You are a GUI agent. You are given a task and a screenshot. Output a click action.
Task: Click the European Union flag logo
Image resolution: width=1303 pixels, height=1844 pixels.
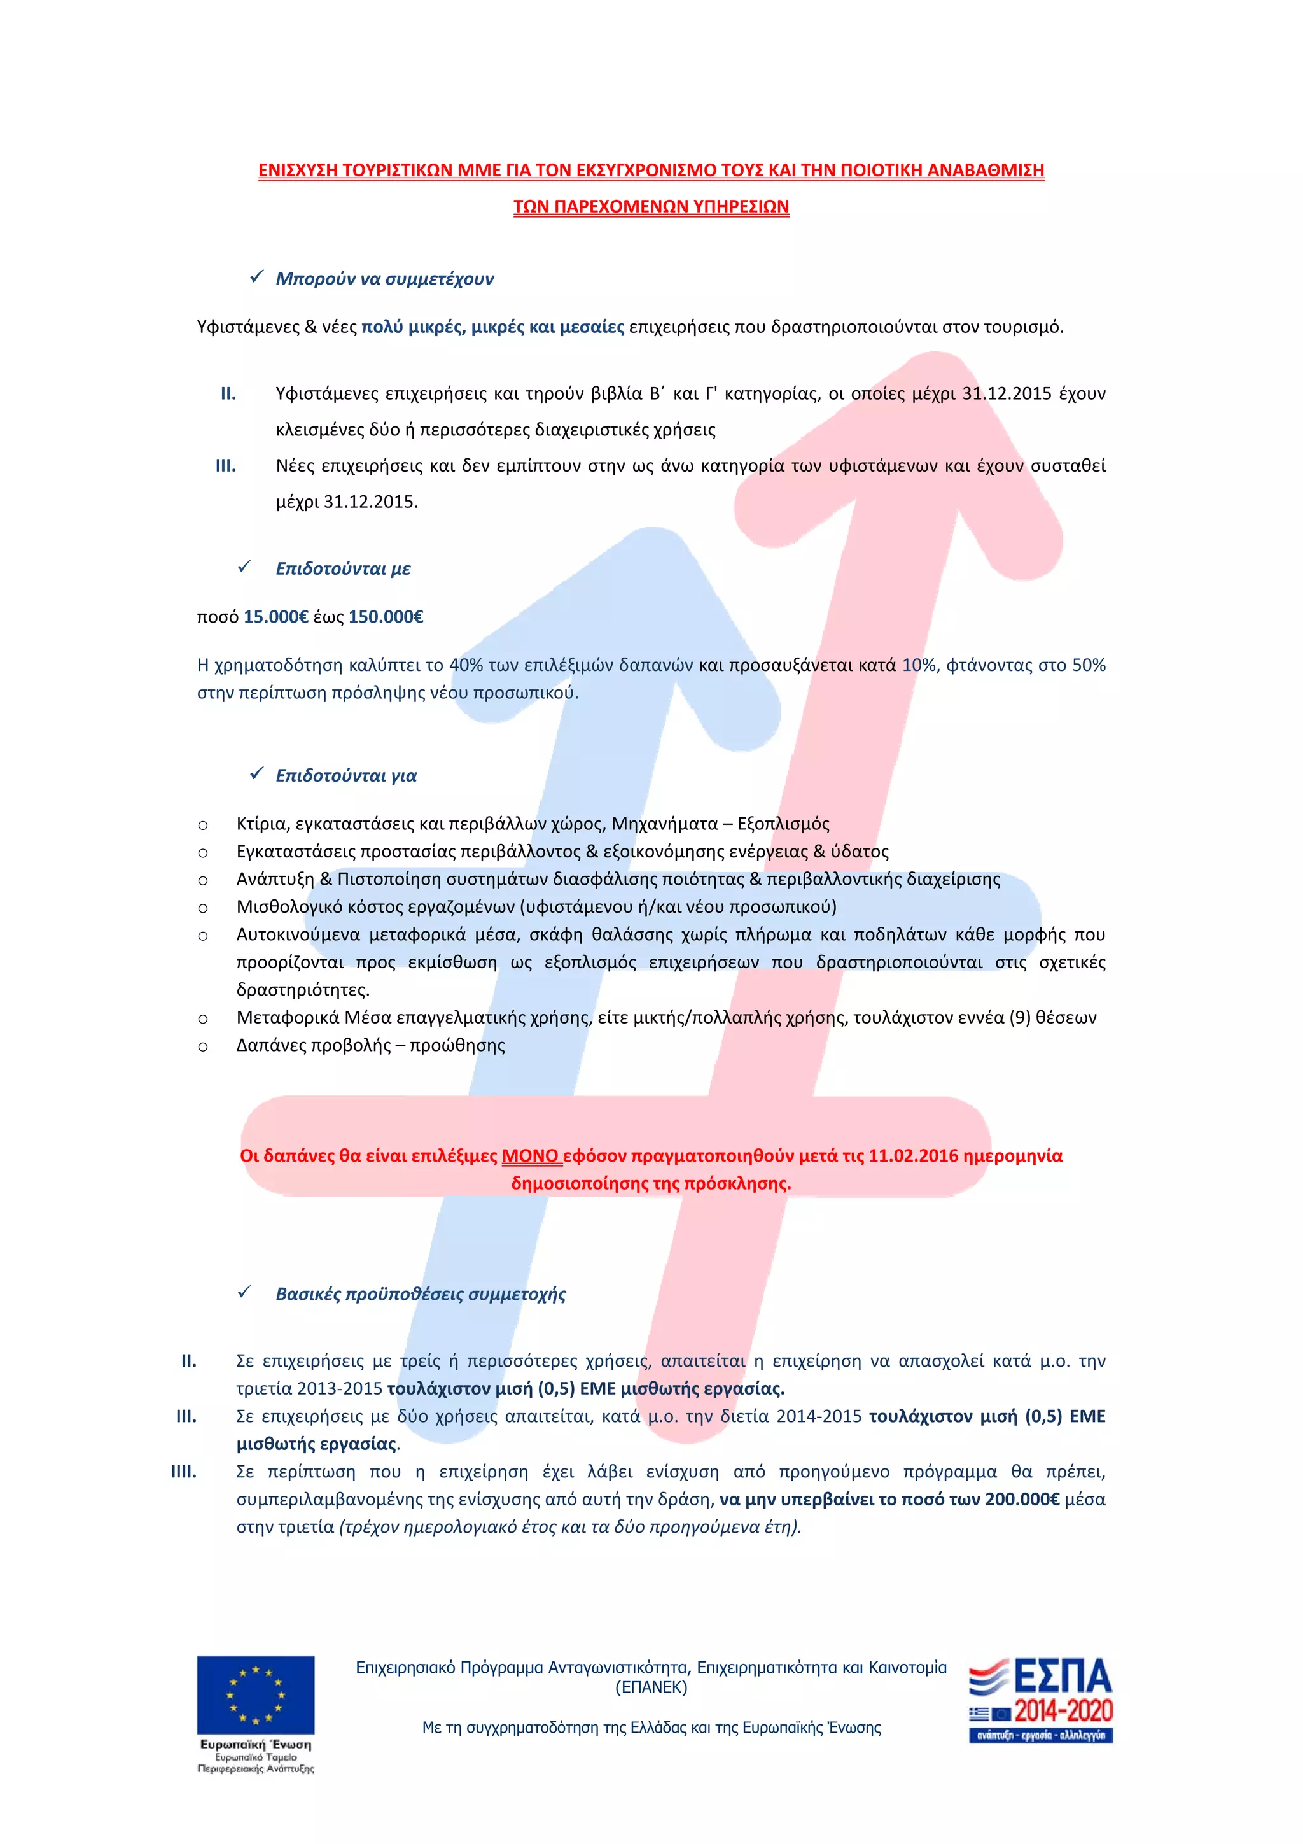[255, 1694]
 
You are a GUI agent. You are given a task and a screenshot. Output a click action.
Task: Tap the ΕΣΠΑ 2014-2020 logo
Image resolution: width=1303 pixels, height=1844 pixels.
[1040, 1699]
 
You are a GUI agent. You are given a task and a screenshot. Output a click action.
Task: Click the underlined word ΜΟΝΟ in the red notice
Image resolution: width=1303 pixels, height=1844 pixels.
[530, 1156]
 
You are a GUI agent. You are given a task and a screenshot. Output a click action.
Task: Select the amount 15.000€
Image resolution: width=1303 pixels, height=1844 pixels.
[276, 617]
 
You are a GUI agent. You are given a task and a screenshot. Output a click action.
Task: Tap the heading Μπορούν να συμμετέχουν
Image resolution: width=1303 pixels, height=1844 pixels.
[384, 279]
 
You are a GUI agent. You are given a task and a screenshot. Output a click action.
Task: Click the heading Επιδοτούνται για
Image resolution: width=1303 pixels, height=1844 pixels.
[346, 776]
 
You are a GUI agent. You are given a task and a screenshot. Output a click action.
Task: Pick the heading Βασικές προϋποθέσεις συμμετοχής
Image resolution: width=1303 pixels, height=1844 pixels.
[421, 1294]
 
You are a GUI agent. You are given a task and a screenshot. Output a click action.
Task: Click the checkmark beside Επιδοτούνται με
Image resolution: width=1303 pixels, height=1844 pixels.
[245, 567]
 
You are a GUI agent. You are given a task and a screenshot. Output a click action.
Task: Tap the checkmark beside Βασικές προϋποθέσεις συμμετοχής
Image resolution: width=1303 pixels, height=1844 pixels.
[245, 1292]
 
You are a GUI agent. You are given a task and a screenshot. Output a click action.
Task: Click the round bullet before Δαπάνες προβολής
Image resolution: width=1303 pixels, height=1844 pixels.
[203, 1047]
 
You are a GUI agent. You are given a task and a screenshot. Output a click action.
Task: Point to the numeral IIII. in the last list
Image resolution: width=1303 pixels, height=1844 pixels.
[184, 1472]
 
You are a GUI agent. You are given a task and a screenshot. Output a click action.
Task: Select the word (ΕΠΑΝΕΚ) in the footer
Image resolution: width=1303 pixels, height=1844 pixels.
[651, 1687]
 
